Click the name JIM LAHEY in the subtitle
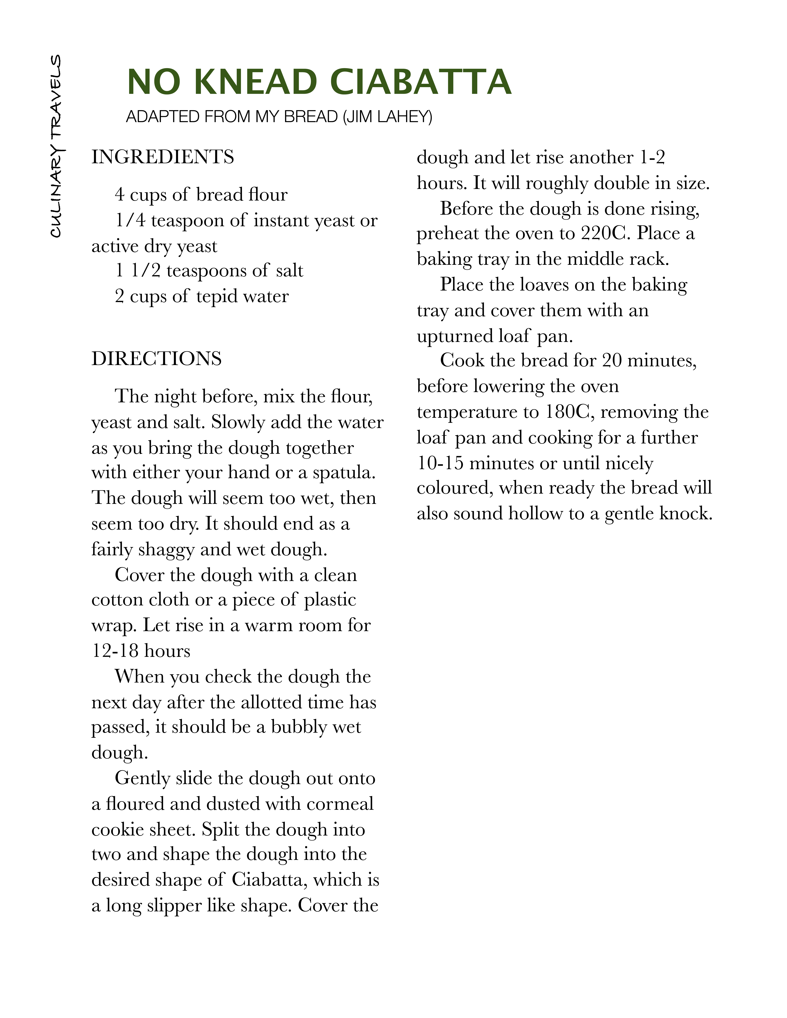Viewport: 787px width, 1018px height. point(387,116)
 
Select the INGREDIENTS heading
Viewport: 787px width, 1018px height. point(163,157)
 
